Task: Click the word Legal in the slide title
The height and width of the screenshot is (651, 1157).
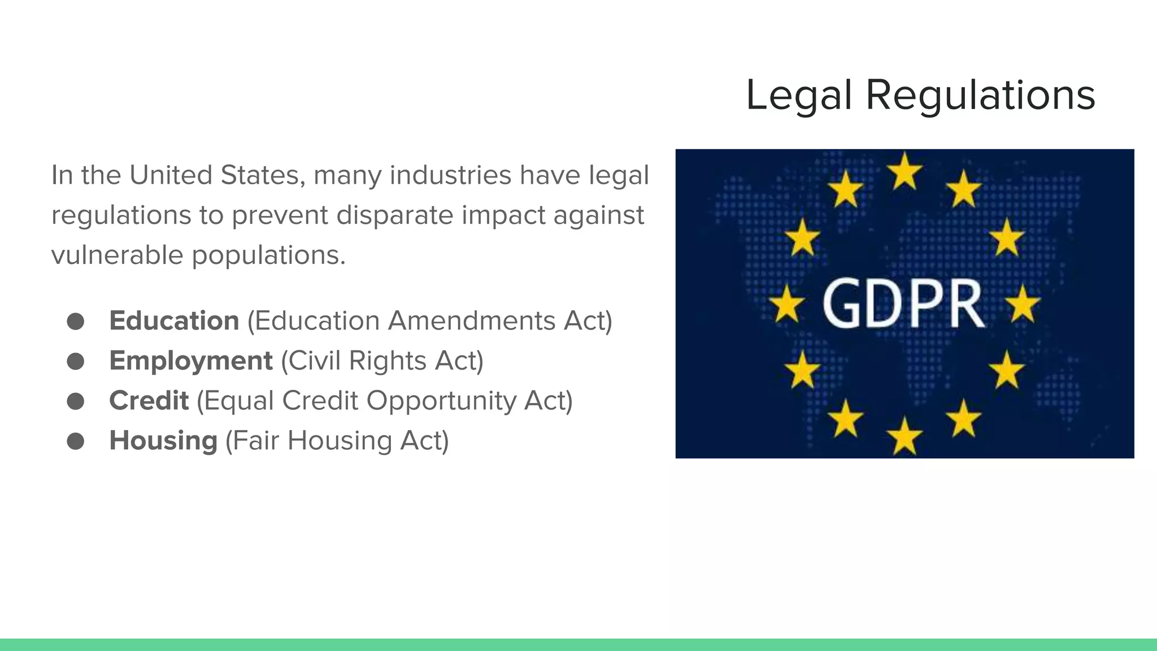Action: pyautogui.click(x=798, y=95)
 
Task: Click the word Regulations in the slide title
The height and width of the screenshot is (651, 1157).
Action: pyautogui.click(x=980, y=95)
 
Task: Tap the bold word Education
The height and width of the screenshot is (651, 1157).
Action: pyautogui.click(x=174, y=320)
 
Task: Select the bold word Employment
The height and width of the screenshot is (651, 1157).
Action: pyautogui.click(x=191, y=361)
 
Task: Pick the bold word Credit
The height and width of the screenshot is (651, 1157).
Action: pyautogui.click(x=149, y=401)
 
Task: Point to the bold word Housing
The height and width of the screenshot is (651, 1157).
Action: pyautogui.click(x=163, y=441)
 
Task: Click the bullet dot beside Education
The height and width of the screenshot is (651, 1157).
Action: pyautogui.click(x=75, y=321)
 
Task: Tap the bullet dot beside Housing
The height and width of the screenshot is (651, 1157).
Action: pyautogui.click(x=75, y=441)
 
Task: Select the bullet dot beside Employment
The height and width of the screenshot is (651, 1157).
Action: pyautogui.click(x=75, y=361)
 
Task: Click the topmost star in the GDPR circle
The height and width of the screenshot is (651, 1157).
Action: pyautogui.click(x=904, y=171)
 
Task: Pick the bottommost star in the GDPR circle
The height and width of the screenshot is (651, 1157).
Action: pyautogui.click(x=904, y=436)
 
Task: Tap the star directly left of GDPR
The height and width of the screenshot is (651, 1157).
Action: pyautogui.click(x=786, y=304)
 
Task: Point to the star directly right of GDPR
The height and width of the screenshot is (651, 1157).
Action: pyautogui.click(x=1023, y=304)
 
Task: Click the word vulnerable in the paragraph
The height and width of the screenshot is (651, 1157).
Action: pyautogui.click(x=117, y=255)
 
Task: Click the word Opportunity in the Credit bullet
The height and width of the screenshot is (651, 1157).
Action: pyautogui.click(x=441, y=401)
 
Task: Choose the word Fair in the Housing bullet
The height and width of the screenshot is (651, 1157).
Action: pyautogui.click(x=256, y=441)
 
